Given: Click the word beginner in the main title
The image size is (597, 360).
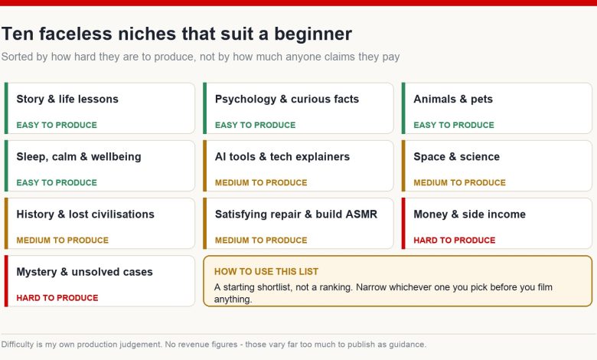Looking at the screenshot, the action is (313, 34).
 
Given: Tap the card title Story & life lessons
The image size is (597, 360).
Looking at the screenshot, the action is (67, 99).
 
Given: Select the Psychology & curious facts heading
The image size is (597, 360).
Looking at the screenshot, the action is (287, 99).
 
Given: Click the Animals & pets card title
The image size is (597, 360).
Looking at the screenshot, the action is (453, 99).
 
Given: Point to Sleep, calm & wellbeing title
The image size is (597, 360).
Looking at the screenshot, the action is (79, 156).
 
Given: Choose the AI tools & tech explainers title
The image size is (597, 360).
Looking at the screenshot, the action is (282, 156).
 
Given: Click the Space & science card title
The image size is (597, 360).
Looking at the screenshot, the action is (456, 156).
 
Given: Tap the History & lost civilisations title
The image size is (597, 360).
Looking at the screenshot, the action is (85, 214).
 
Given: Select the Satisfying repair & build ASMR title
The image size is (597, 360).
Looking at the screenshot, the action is (296, 214).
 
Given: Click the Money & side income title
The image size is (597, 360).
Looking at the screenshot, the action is (469, 214).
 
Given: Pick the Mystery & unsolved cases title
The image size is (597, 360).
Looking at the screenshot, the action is (84, 272).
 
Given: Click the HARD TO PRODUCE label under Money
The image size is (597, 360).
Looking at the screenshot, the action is (455, 241).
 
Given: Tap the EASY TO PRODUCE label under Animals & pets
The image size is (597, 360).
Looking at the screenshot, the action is (454, 125).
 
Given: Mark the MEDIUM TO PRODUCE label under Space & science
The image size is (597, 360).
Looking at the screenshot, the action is (459, 183).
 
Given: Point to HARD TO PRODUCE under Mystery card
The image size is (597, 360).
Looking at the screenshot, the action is (57, 298).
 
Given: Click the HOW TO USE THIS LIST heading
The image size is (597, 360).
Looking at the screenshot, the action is (266, 272).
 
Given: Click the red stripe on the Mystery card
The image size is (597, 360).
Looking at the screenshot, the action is (6, 281).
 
